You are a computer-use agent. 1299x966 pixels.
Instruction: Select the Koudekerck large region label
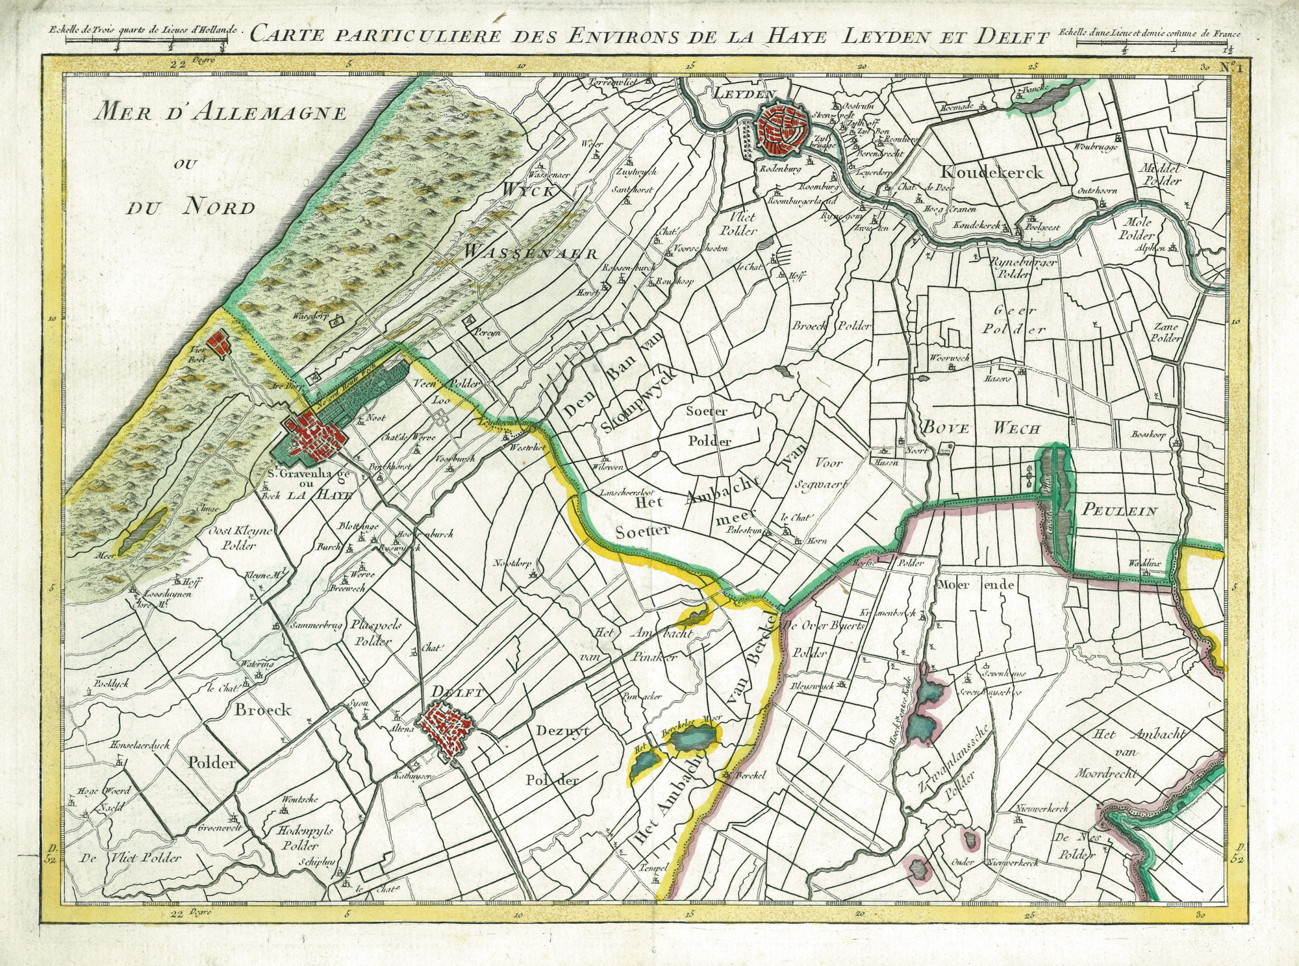click(x=991, y=173)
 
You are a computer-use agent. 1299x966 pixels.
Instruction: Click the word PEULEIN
click(x=1119, y=512)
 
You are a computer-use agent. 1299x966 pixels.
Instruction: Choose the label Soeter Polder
click(x=708, y=426)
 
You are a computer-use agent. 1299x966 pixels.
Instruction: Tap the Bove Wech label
click(x=981, y=428)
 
